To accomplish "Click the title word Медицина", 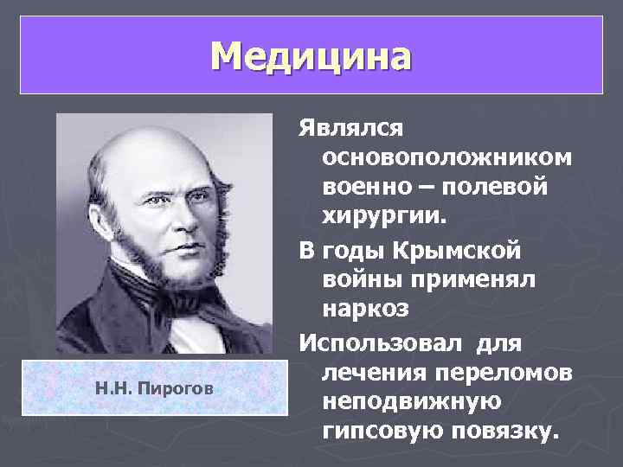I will pyautogui.click(x=311, y=56).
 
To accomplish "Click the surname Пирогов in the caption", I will pyautogui.click(x=182, y=388).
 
